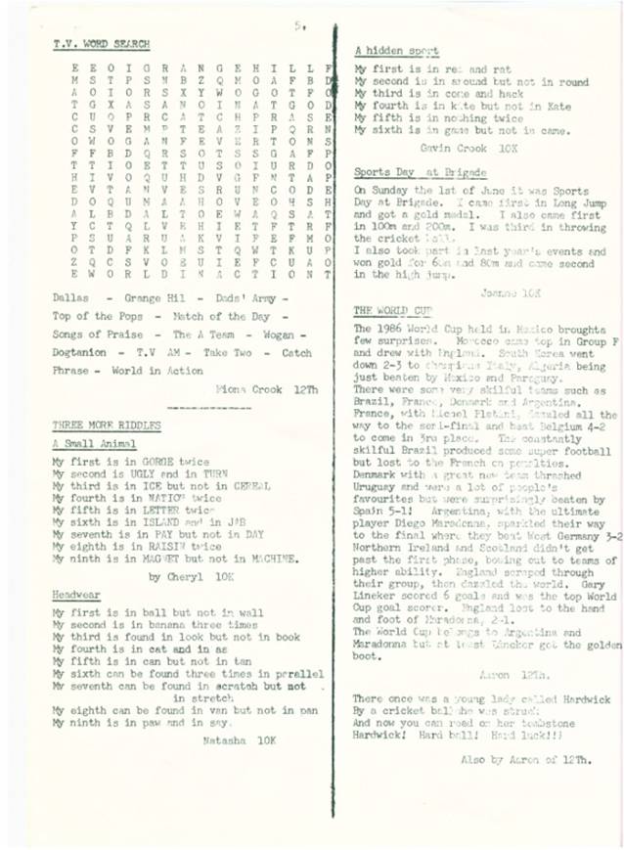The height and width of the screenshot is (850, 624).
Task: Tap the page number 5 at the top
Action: point(296,28)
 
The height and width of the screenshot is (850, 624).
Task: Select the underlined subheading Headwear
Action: point(76,594)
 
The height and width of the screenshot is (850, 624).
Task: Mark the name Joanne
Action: point(496,291)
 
